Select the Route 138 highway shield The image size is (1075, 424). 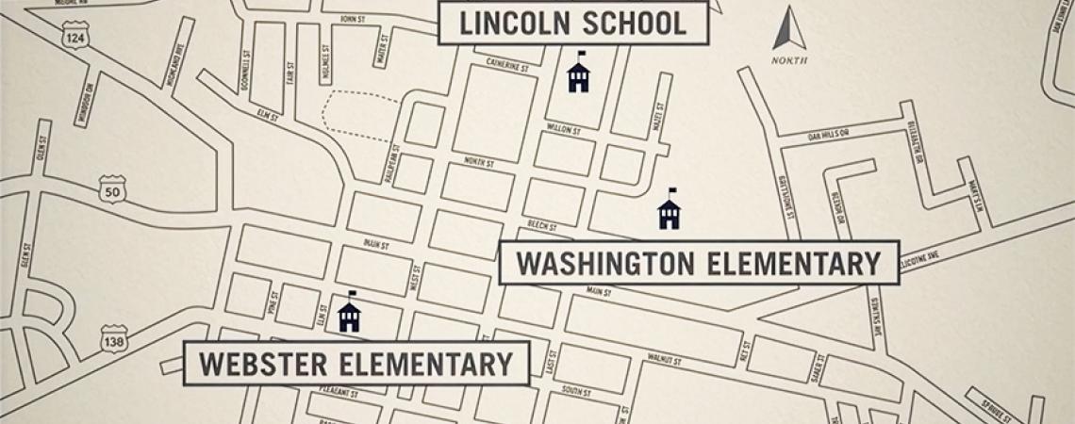pos(113,338)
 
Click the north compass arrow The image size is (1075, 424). pos(789,31)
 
